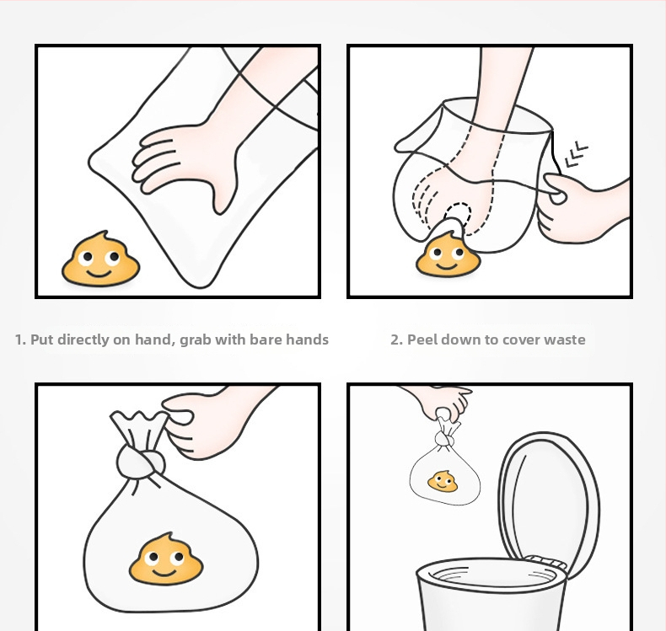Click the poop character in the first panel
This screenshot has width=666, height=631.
pos(100,259)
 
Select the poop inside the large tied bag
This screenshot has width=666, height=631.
pos(166,559)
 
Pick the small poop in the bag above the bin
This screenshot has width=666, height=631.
pos(443,482)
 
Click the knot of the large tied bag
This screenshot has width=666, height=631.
pos(140,462)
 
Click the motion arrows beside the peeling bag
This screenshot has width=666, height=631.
pos(577,155)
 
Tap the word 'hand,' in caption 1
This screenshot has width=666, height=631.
pos(155,340)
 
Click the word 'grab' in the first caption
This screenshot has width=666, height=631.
pos(196,340)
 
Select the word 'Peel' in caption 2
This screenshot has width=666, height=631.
pos(422,340)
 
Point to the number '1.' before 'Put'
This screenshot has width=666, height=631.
pos(21,340)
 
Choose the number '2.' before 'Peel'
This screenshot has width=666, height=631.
pos(397,340)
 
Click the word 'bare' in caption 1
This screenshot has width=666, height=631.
pos(266,340)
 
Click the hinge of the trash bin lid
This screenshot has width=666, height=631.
pos(545,561)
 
